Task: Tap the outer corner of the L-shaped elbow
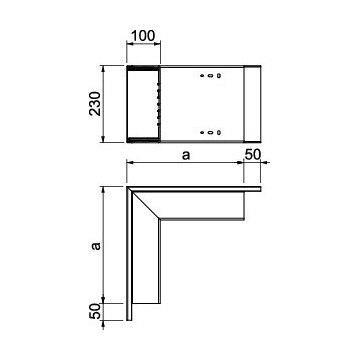128,186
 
